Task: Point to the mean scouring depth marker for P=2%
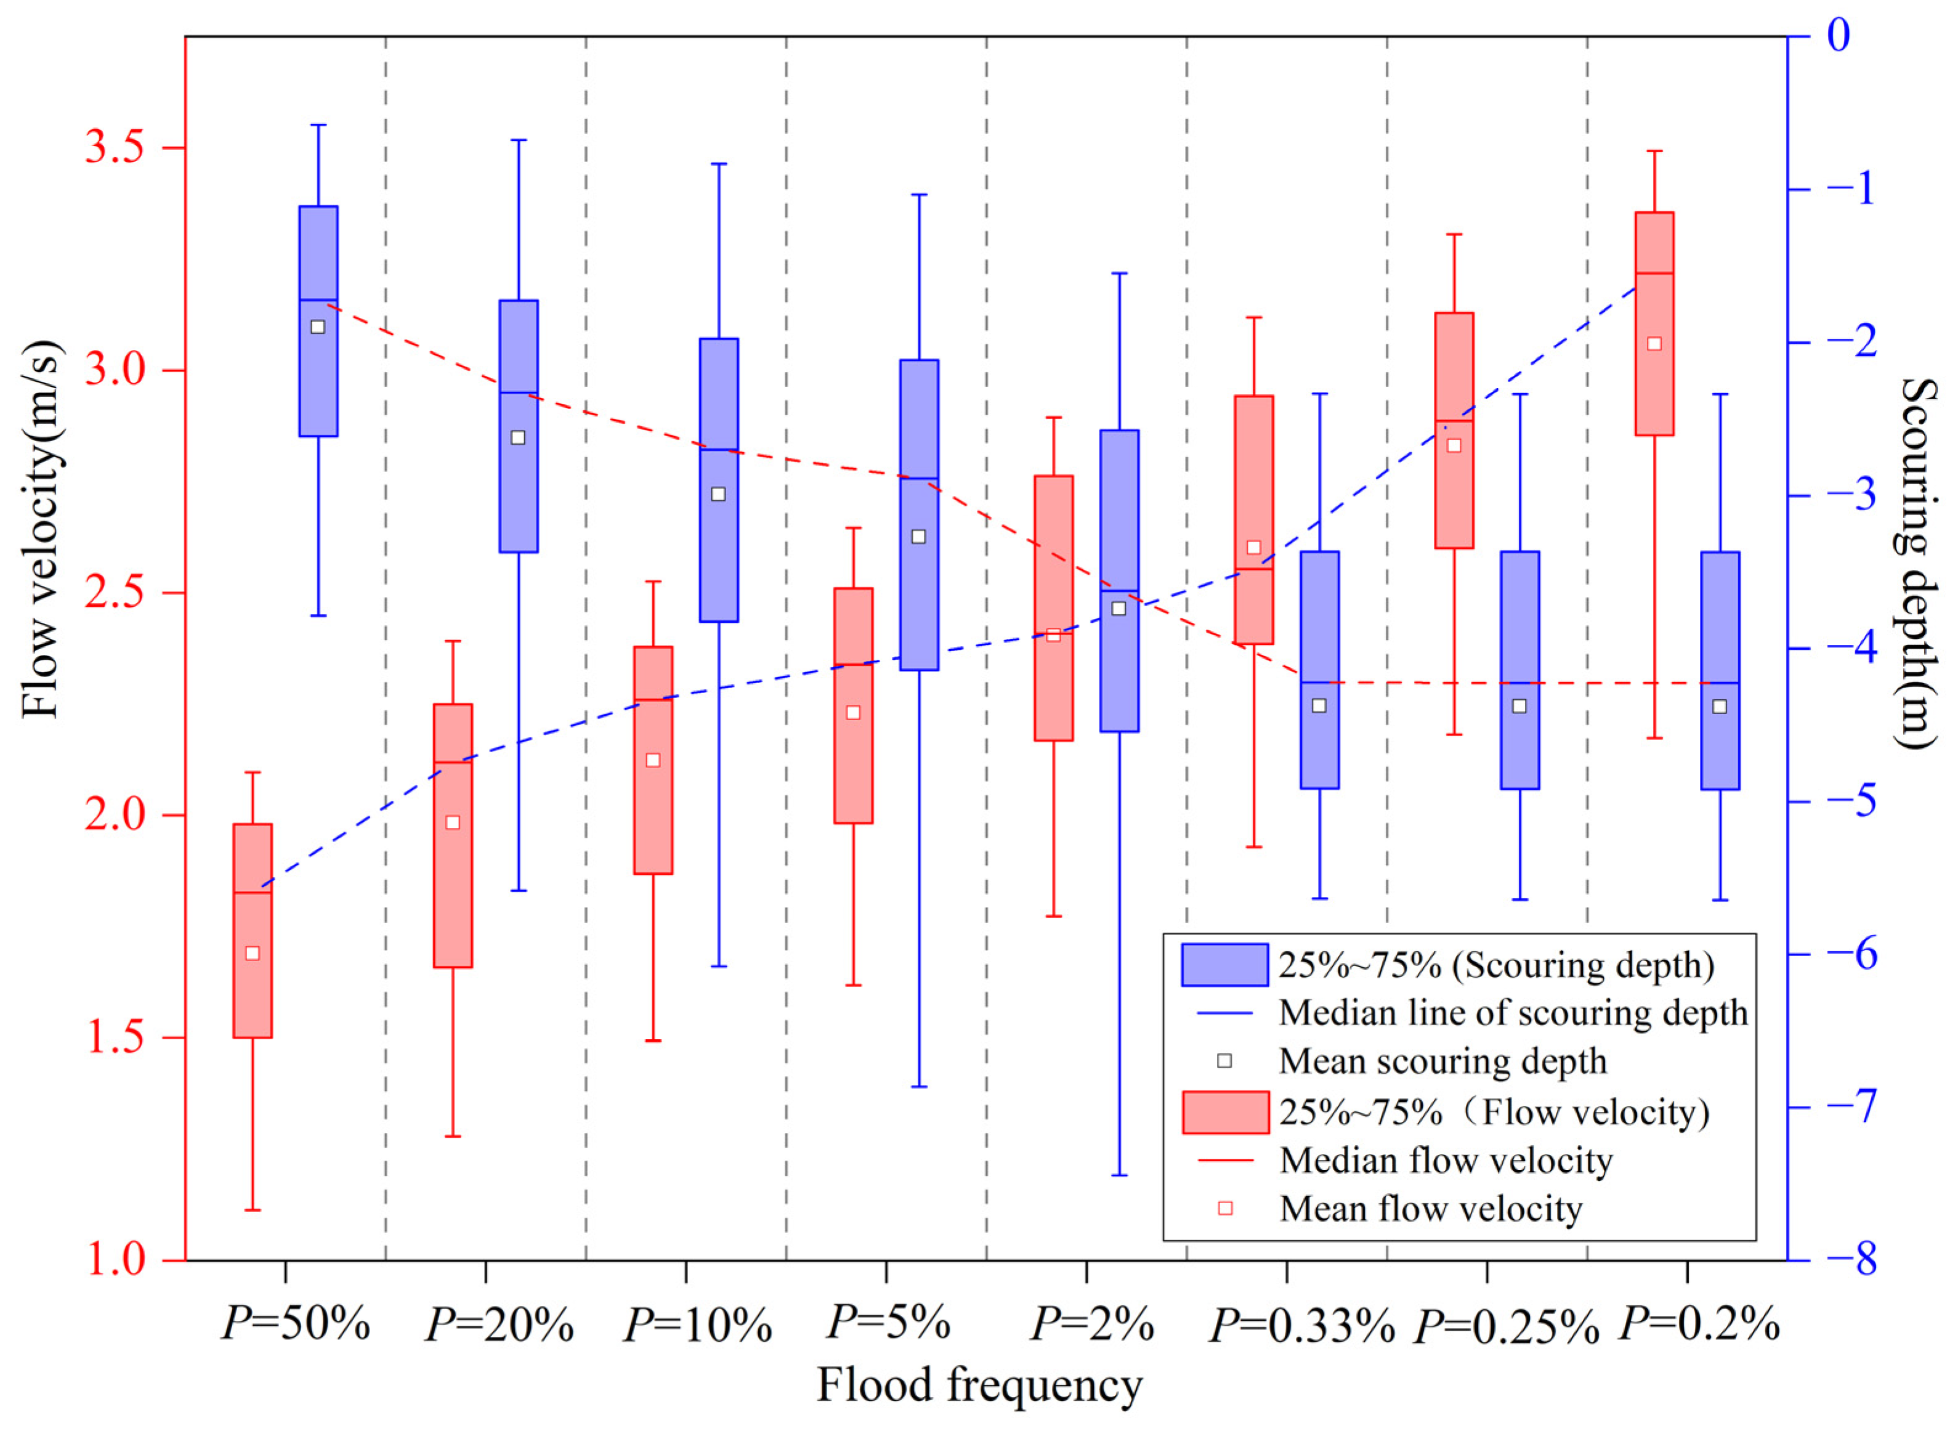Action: (1119, 609)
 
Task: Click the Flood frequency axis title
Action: (979, 1385)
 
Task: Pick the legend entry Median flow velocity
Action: (1446, 1161)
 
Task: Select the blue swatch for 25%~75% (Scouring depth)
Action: (1224, 965)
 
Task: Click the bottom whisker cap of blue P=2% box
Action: (1119, 1175)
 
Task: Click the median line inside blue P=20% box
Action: (519, 393)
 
